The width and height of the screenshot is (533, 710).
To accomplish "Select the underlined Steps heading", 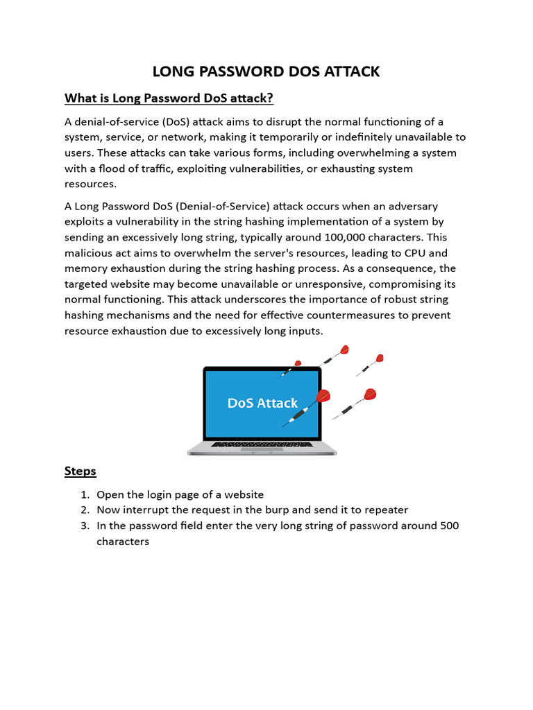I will (80, 471).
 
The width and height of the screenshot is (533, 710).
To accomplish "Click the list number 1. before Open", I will (85, 494).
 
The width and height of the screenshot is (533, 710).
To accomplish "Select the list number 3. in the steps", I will (85, 526).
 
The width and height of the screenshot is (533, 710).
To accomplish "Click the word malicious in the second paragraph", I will (90, 252).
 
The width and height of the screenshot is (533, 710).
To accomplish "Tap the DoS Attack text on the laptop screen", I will (262, 403).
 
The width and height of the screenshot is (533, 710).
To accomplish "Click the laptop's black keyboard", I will (262, 444).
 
